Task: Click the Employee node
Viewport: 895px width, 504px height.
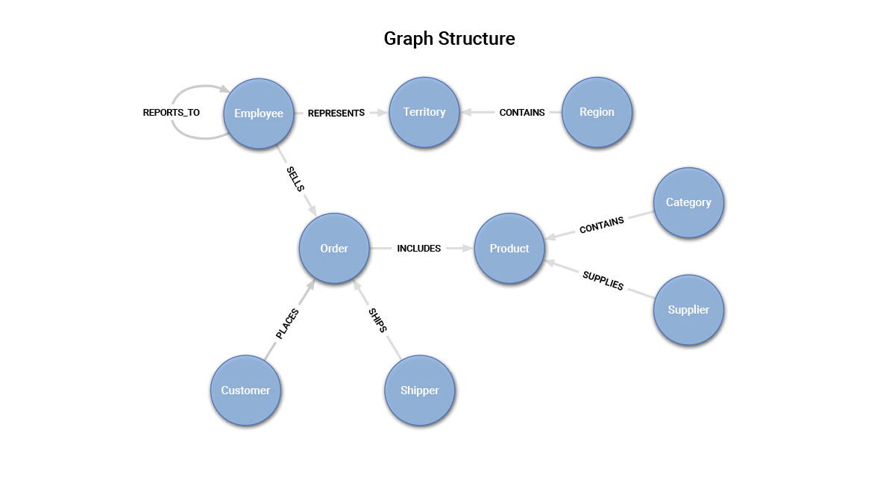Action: tap(259, 113)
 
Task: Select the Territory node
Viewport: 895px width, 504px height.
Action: tap(424, 112)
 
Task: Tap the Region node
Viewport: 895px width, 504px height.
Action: tap(597, 112)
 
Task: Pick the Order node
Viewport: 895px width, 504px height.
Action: tap(334, 248)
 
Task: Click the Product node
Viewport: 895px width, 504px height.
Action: tap(509, 248)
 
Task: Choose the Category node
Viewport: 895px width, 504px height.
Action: tap(688, 202)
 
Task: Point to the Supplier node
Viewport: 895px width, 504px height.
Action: tap(688, 309)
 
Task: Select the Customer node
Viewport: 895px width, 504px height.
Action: tap(245, 390)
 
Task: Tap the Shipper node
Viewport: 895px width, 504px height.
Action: tap(420, 390)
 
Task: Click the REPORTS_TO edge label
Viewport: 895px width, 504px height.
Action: tap(172, 113)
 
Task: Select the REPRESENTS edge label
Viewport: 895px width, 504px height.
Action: tap(336, 113)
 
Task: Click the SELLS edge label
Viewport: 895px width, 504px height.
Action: tap(295, 179)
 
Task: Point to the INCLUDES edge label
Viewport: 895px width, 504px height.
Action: tap(418, 249)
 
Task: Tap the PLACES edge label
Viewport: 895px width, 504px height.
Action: tap(287, 324)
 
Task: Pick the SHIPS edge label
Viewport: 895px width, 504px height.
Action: tap(377, 320)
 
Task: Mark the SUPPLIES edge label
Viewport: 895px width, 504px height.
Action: tap(603, 281)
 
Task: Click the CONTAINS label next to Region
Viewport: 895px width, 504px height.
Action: tap(522, 113)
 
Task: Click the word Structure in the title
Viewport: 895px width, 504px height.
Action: tap(477, 38)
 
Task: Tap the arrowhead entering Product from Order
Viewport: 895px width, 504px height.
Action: tap(469, 248)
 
